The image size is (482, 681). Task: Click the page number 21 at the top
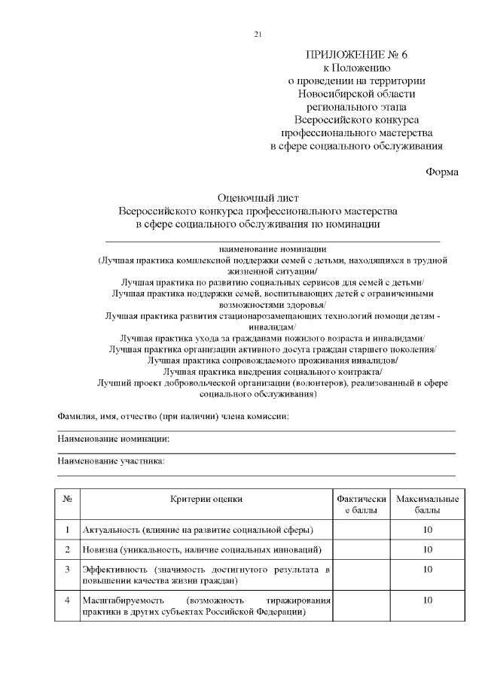(258, 35)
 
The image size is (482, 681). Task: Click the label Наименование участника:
(111, 461)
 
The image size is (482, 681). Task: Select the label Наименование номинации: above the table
(113, 439)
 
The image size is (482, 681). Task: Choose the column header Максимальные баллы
(427, 505)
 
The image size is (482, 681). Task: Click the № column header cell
(67, 499)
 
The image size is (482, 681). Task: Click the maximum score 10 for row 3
(427, 570)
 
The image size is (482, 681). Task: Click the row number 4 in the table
(67, 600)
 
